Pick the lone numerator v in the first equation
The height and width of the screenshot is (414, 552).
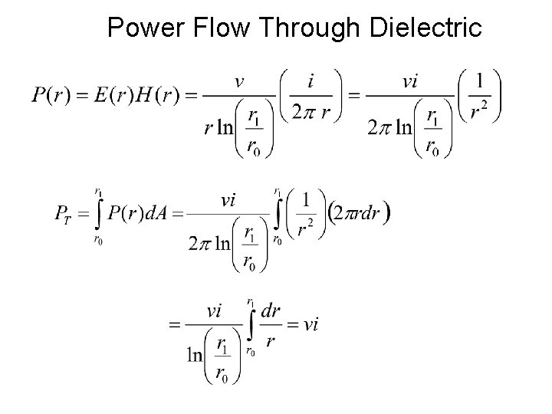click(x=239, y=82)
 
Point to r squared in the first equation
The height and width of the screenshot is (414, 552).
click(x=479, y=112)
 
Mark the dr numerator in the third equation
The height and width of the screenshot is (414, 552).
click(x=271, y=310)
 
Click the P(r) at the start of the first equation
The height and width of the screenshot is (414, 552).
click(x=51, y=96)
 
